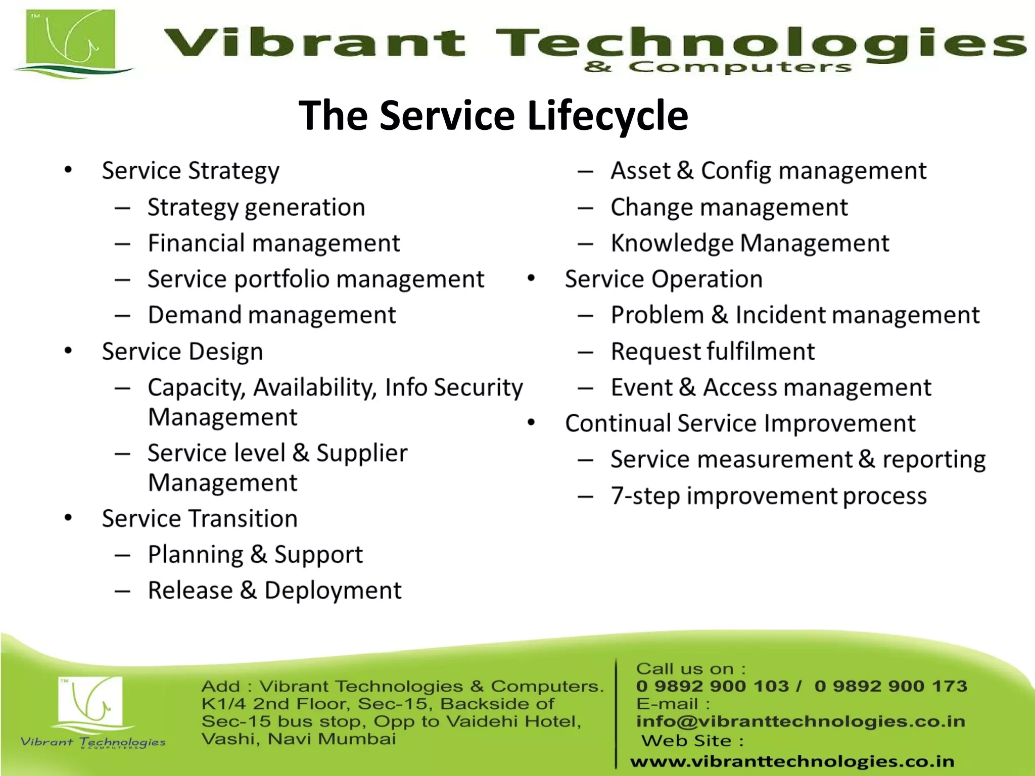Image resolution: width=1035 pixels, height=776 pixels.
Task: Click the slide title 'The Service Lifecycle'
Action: pyautogui.click(x=493, y=115)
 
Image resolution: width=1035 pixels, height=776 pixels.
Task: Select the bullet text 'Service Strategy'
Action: pyautogui.click(x=190, y=171)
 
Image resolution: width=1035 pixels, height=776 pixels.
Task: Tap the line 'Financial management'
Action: pyautogui.click(x=273, y=243)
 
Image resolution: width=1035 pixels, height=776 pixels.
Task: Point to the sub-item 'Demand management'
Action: pyautogui.click(x=271, y=315)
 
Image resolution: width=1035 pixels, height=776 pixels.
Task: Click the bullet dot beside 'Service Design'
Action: pyautogui.click(x=68, y=351)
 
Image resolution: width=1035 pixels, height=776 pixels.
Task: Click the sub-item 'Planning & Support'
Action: pyautogui.click(x=255, y=555)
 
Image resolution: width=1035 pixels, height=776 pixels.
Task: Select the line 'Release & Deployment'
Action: pyautogui.click(x=274, y=591)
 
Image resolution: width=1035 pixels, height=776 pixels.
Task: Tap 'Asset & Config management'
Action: pyautogui.click(x=768, y=171)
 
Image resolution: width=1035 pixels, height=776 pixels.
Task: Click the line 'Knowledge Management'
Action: pyautogui.click(x=749, y=243)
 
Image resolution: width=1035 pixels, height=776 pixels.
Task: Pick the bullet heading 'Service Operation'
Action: pyautogui.click(x=664, y=279)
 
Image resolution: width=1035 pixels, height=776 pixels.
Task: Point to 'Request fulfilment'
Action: pyautogui.click(x=713, y=352)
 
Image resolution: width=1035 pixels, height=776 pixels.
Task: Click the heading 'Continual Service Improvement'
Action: pyautogui.click(x=740, y=423)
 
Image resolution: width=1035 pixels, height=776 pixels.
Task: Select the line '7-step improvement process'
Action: pyautogui.click(x=768, y=496)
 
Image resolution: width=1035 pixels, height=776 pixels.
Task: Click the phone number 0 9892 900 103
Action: pyautogui.click(x=713, y=686)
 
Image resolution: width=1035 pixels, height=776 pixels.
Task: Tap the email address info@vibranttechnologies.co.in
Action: pyautogui.click(x=801, y=721)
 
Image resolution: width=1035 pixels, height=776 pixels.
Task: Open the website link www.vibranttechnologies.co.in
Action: pyautogui.click(x=792, y=761)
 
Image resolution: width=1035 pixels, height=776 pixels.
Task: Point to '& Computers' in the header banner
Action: pyautogui.click(x=718, y=67)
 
